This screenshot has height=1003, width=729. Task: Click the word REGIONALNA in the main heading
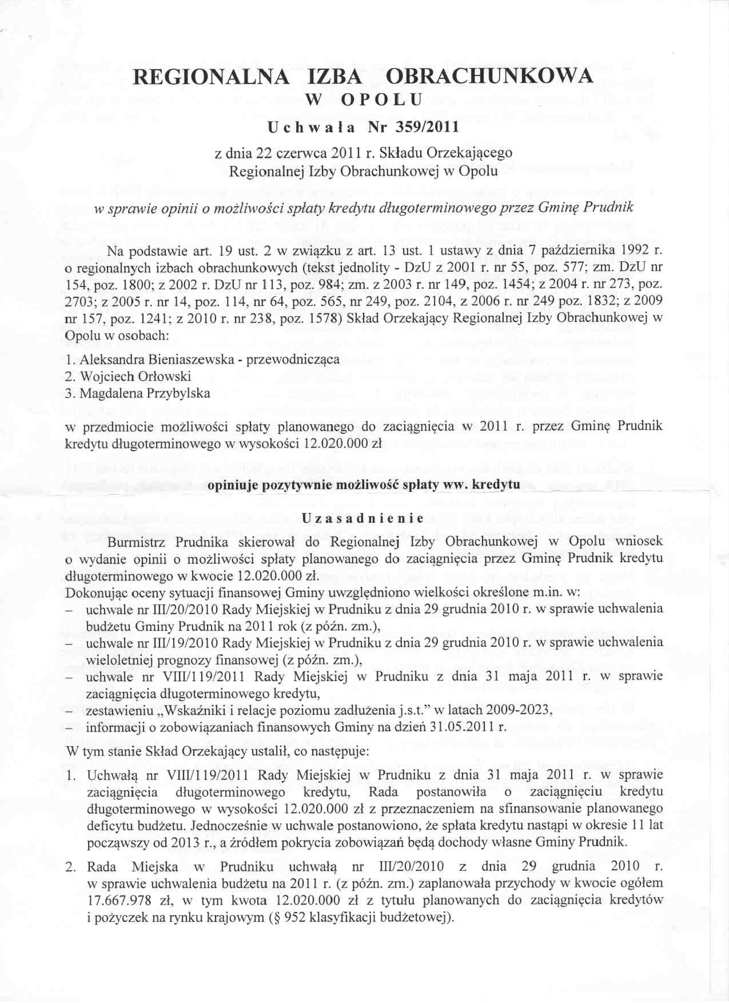(211, 77)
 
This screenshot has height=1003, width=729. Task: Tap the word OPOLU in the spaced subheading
(381, 99)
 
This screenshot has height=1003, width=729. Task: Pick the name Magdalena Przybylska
(145, 393)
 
